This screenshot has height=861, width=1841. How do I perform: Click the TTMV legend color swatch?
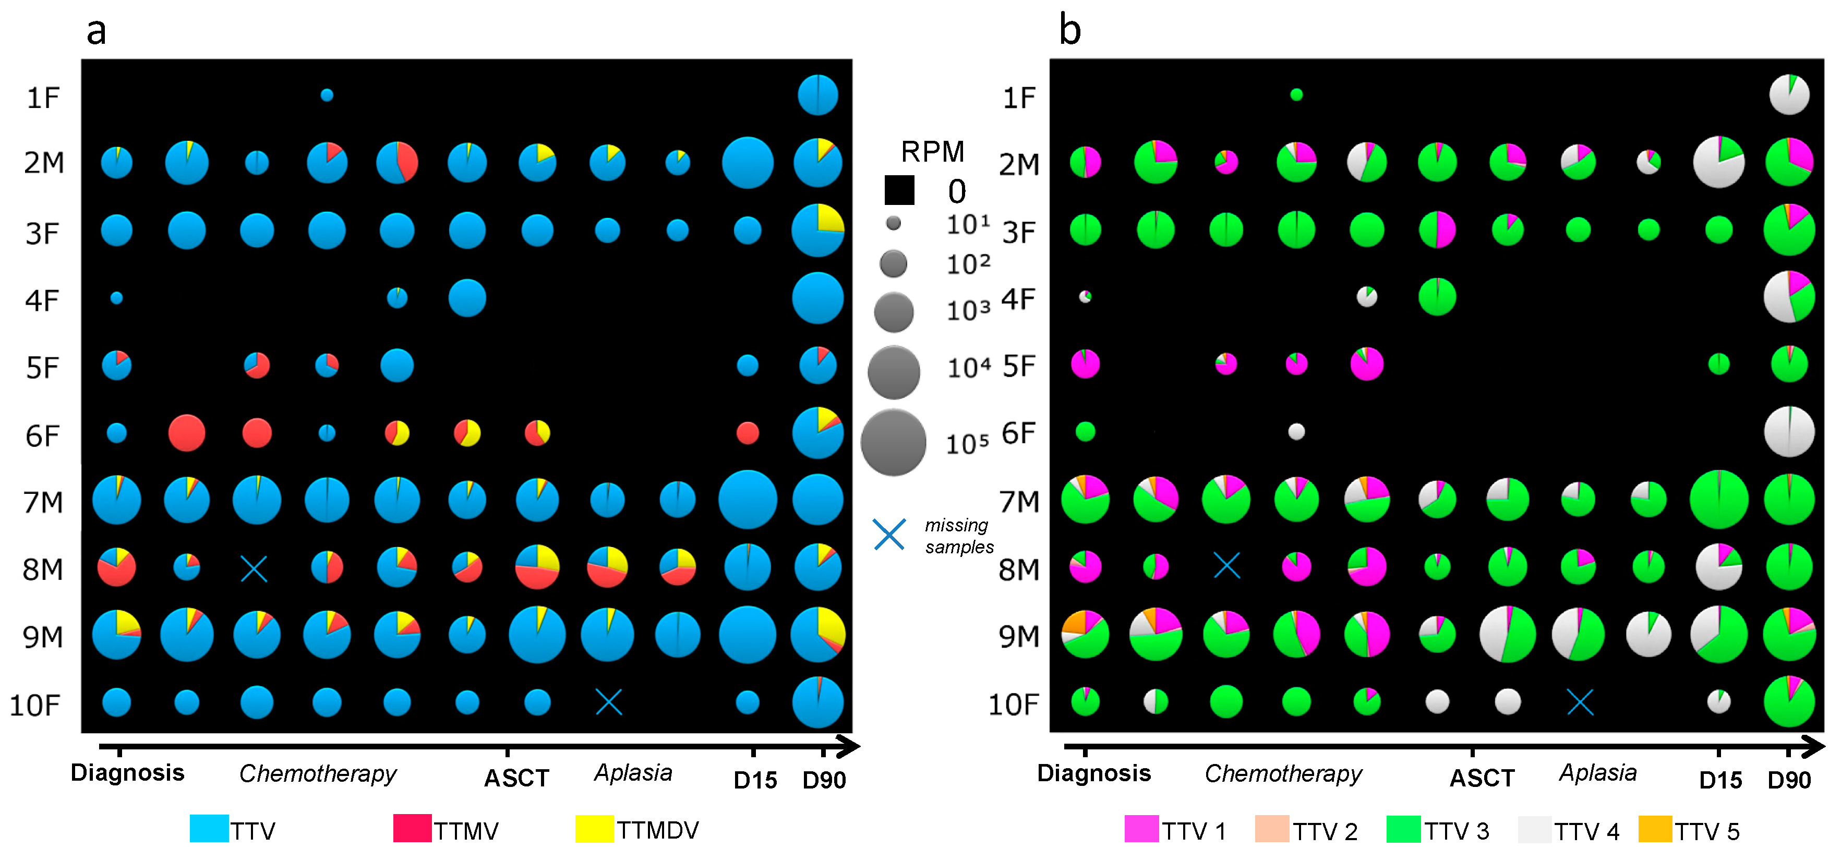[412, 828]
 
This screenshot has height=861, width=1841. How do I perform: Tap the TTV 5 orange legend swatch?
[1654, 829]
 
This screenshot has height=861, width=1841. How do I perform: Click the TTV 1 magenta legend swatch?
[1141, 829]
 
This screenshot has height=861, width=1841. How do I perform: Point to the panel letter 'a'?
[97, 31]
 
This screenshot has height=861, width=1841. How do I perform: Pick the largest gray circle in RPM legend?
[893, 442]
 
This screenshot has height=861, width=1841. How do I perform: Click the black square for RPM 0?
[899, 190]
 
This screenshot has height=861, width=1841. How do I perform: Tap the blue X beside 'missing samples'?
[889, 535]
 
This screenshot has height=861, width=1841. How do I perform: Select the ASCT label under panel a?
[516, 778]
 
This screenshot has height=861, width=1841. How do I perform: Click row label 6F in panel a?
[43, 435]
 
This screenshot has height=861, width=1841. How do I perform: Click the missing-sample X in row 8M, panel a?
[254, 569]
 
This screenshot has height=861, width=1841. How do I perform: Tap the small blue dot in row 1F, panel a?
[327, 95]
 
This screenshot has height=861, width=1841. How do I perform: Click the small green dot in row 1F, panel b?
[1296, 94]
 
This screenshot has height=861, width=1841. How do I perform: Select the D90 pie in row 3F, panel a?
[817, 230]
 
